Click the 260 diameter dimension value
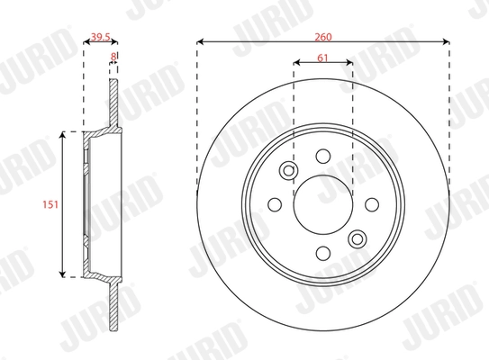click(323, 37)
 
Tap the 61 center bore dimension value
click(323, 59)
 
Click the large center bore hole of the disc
click(323, 204)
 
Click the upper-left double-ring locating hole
click(289, 171)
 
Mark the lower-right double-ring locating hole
click(357, 238)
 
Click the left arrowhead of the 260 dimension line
click(200, 42)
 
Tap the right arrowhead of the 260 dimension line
click(447, 42)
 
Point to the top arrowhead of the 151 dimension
click(62, 135)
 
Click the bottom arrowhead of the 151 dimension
click(62, 274)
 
